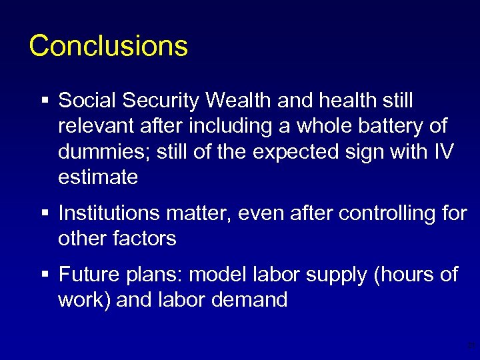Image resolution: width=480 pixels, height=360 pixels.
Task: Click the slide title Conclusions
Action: click(109, 45)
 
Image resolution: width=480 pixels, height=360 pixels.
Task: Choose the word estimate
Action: click(98, 177)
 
